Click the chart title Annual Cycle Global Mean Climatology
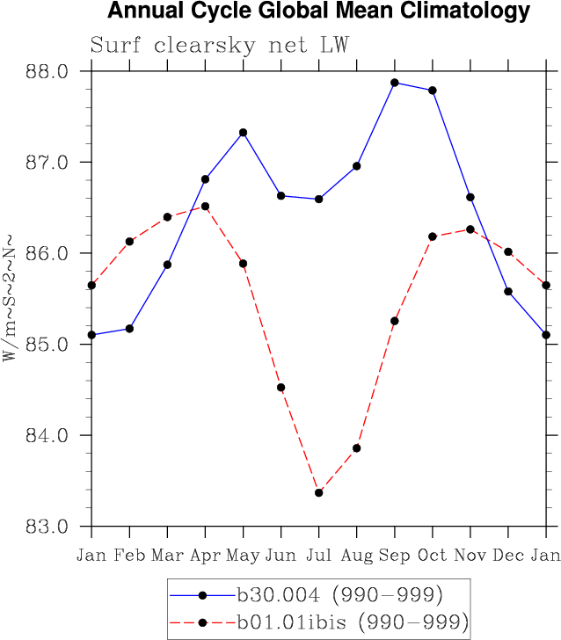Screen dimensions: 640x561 318,11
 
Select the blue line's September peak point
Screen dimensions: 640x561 395,83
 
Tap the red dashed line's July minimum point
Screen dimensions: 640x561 319,492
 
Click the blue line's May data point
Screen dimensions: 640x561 244,133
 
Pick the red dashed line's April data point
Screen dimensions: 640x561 205,207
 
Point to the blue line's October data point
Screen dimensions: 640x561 433,91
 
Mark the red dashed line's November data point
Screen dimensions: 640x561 470,229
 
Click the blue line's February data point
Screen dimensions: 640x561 129,329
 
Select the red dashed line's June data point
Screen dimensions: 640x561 281,388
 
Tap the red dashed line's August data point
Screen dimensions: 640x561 357,448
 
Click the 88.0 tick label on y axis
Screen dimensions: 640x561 49,71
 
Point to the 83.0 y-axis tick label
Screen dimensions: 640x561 49,527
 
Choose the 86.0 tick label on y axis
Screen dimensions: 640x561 49,253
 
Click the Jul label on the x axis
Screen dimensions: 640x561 319,555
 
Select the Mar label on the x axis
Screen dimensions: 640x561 167,555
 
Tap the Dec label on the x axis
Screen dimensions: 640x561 508,555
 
